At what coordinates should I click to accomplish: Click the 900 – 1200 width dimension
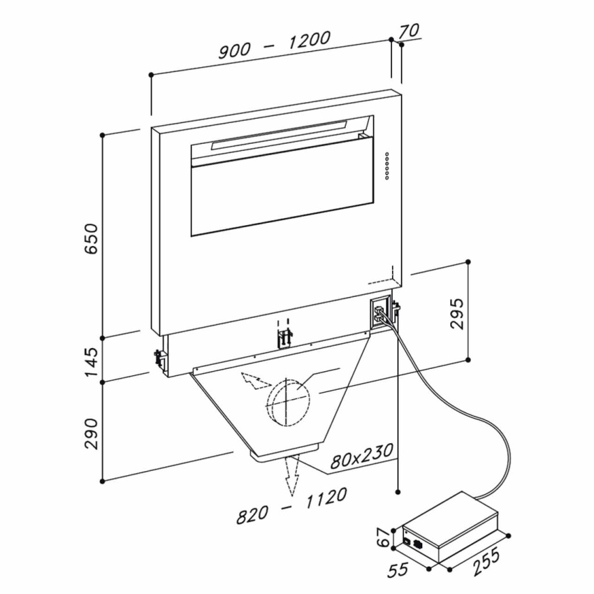[x=274, y=45]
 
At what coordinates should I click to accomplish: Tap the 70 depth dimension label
[x=408, y=31]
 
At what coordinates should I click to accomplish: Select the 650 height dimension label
[x=91, y=238]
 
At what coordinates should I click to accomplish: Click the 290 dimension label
[x=91, y=433]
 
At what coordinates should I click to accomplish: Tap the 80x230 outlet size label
[x=361, y=457]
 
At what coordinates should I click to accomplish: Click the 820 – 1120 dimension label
[x=291, y=506]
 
